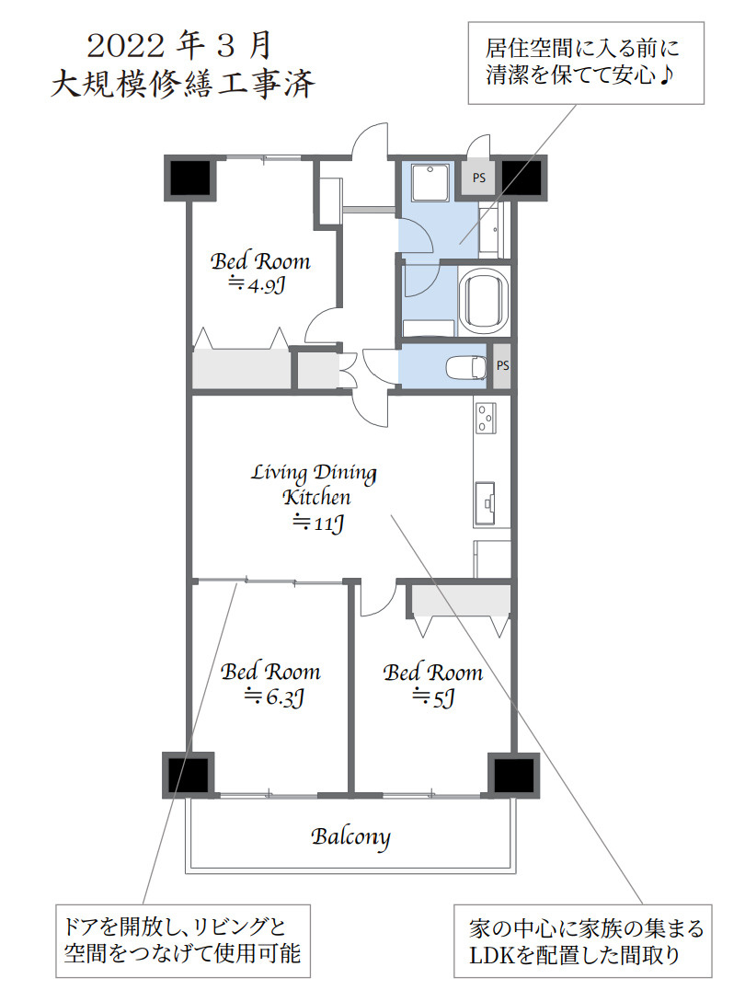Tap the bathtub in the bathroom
click(484, 301)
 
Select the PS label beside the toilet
click(502, 365)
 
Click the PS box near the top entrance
click(479, 178)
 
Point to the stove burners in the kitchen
click(485, 418)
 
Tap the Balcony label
click(350, 837)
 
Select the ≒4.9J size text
click(257, 284)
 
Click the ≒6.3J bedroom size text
click(274, 696)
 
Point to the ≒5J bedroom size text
click(433, 697)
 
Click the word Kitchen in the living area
click(316, 497)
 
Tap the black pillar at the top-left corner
click(190, 178)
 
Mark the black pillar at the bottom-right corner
click(514, 775)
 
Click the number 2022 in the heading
click(126, 47)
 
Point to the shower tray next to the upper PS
click(430, 183)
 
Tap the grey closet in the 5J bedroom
click(461, 601)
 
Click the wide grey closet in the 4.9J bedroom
click(241, 367)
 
